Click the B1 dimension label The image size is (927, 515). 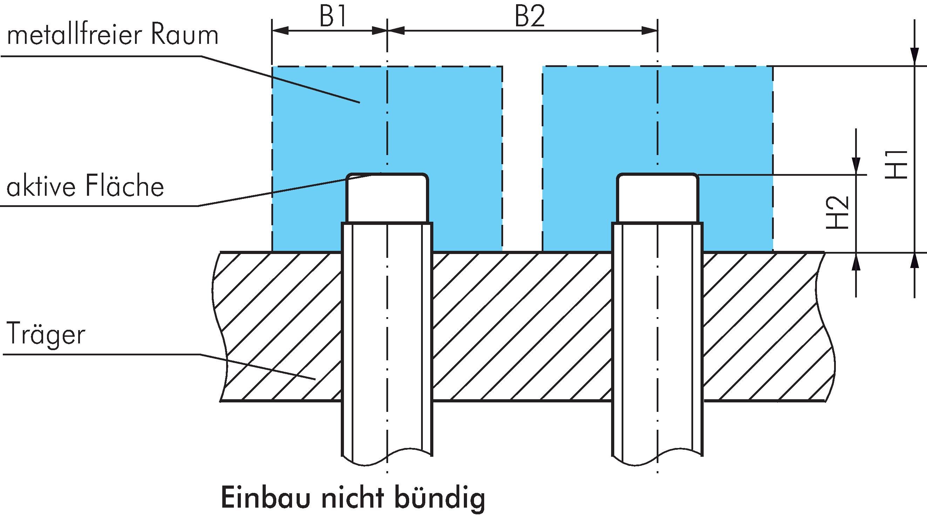[x=333, y=16]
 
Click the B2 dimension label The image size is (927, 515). [x=530, y=16]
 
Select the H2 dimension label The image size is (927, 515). [x=838, y=213]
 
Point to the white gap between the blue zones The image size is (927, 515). [x=522, y=159]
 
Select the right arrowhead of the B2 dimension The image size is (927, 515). [x=650, y=31]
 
